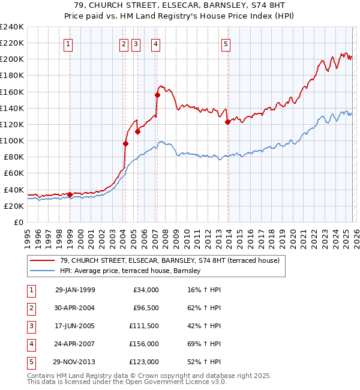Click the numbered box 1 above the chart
pos(68,43)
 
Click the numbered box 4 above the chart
pos(155,43)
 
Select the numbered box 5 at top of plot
pos(226,43)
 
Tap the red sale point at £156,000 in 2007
pos(157,95)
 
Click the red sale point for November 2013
pos(227,122)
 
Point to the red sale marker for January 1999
pos(70,194)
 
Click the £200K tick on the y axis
pos(12,59)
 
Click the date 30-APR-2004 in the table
pos(75,308)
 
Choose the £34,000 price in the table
pos(145,290)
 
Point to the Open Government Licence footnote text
pos(127,381)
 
